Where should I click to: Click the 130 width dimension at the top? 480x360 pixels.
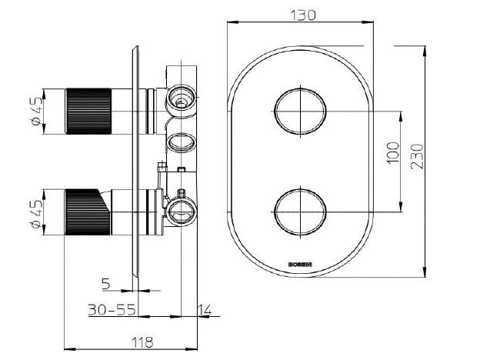pos(299,14)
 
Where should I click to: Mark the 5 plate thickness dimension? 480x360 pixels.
pos(107,284)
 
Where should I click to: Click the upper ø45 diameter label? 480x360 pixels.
pos(34,112)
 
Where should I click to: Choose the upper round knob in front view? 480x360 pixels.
pos(299,112)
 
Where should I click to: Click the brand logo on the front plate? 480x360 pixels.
pos(299,265)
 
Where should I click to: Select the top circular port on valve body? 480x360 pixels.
pos(182,98)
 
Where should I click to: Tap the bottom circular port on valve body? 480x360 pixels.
pos(181,214)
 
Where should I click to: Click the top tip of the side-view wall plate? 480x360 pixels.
pos(136,48)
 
